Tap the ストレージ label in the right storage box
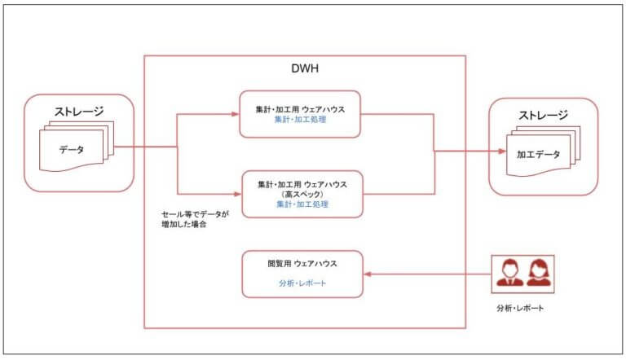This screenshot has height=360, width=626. (543, 114)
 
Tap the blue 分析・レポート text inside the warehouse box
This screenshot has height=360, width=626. (302, 284)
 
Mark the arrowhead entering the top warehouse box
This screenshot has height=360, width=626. (235, 114)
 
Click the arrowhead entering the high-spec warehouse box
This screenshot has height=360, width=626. (235, 194)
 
